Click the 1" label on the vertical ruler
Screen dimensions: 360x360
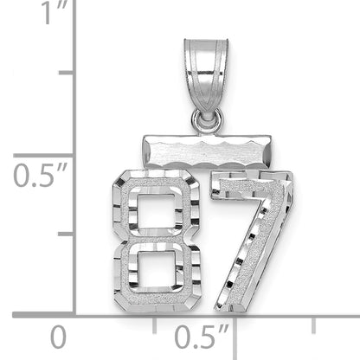pyautogui.click(x=55, y=13)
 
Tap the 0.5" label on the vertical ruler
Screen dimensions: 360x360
pyautogui.click(x=40, y=175)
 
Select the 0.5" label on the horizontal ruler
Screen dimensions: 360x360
pyautogui.click(x=202, y=337)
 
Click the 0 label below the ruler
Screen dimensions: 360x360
pyautogui.click(x=58, y=337)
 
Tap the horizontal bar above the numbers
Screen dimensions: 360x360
pyautogui.click(x=207, y=151)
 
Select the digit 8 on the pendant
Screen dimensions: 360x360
pyautogui.click(x=157, y=241)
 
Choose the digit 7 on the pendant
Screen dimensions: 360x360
pyautogui.click(x=252, y=241)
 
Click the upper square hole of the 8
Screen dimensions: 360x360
pyautogui.click(x=156, y=209)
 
